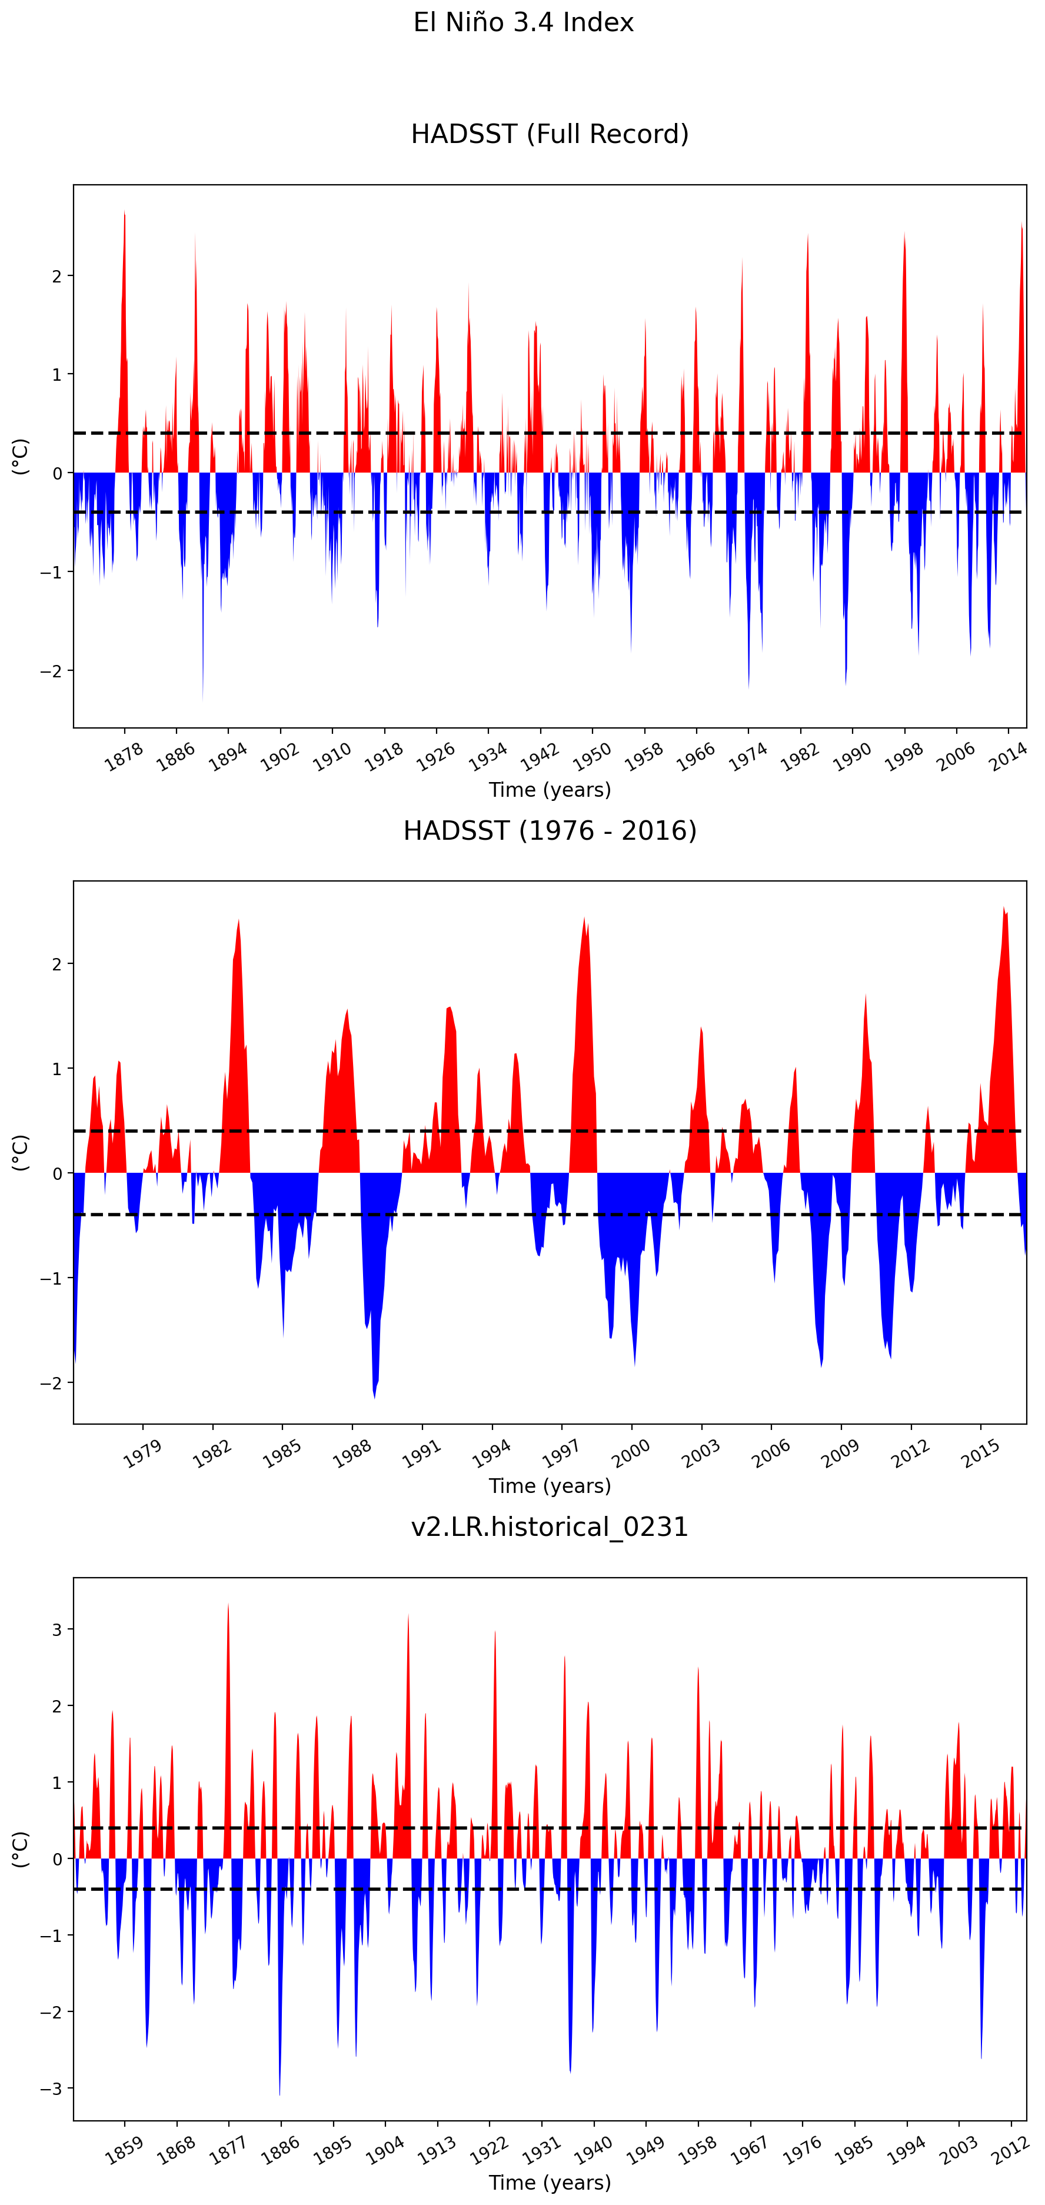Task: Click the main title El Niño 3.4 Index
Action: point(523,22)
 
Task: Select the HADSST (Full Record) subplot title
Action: point(550,134)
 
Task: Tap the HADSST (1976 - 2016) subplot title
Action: point(550,830)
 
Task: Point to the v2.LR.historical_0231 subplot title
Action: point(550,1527)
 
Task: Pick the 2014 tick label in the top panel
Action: point(1008,757)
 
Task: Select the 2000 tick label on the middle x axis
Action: point(631,1454)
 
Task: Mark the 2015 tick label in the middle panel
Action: point(981,1454)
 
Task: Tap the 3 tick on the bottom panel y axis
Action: point(57,1630)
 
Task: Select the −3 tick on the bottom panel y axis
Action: point(52,2088)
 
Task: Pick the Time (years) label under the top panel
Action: point(550,790)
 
